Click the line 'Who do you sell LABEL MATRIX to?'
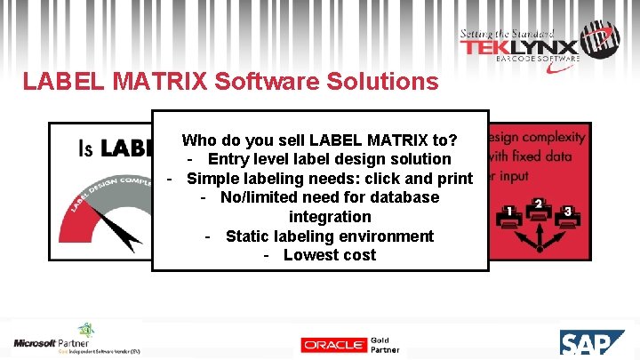[319, 140]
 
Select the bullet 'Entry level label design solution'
[329, 159]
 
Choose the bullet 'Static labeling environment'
[329, 236]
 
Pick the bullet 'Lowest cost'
[329, 255]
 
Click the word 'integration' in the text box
[330, 216]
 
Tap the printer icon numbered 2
[538, 209]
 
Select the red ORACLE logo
[333, 345]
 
